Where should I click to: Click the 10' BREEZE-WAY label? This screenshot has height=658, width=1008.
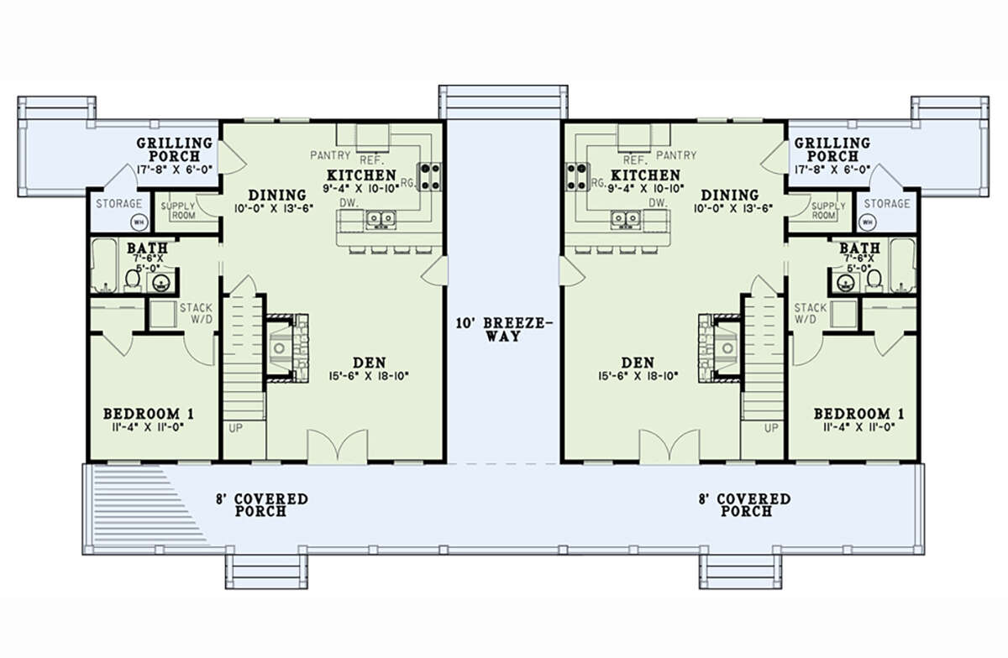[x=504, y=329]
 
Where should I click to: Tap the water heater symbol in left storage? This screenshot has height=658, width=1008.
[x=139, y=222]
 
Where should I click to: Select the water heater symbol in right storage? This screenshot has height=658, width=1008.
[x=867, y=222]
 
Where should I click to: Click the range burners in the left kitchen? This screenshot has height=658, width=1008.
[x=430, y=177]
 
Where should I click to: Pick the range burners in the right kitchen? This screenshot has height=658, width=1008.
[x=577, y=177]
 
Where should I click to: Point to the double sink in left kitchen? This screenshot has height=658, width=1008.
[x=381, y=220]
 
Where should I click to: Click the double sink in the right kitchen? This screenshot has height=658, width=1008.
[x=626, y=220]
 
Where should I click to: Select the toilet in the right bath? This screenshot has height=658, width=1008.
[x=874, y=280]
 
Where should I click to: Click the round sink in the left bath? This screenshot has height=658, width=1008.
[x=160, y=283]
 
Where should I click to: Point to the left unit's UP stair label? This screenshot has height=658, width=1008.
[x=235, y=428]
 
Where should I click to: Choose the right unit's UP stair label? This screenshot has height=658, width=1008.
[x=771, y=428]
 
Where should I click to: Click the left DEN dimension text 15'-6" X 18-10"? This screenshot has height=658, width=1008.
[x=369, y=376]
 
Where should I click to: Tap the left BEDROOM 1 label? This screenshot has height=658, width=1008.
[x=149, y=413]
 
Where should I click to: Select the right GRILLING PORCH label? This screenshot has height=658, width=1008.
[x=832, y=149]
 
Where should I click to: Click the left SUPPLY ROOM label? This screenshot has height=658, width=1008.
[x=178, y=211]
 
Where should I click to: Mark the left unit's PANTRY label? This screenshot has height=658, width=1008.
[x=330, y=155]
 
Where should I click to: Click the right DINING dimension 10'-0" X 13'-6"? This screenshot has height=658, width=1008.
[x=733, y=208]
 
